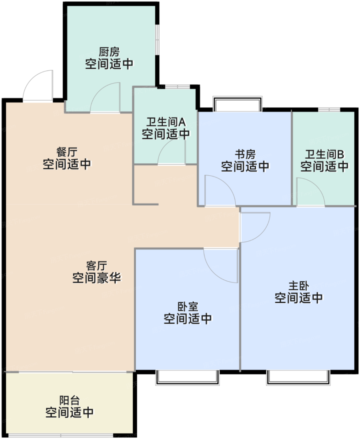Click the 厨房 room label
pyautogui.click(x=109, y=52)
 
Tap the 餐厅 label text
pyautogui.click(x=67, y=152)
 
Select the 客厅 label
pyautogui.click(x=97, y=266)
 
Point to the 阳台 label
pyautogui.click(x=69, y=400)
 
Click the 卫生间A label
pyautogui.click(x=166, y=122)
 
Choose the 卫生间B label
pyautogui.click(x=324, y=154)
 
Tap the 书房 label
pyautogui.click(x=245, y=154)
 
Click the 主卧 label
pyautogui.click(x=299, y=286)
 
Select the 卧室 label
pyautogui.click(x=188, y=307)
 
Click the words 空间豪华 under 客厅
pyautogui.click(x=97, y=278)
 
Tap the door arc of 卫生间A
pyautogui.click(x=171, y=151)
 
